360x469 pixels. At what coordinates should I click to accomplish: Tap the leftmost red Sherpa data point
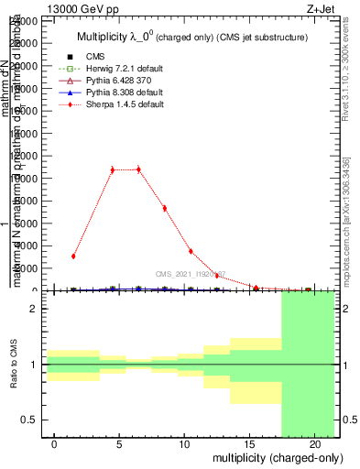click(x=73, y=256)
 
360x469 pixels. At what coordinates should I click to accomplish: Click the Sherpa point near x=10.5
click(x=191, y=251)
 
